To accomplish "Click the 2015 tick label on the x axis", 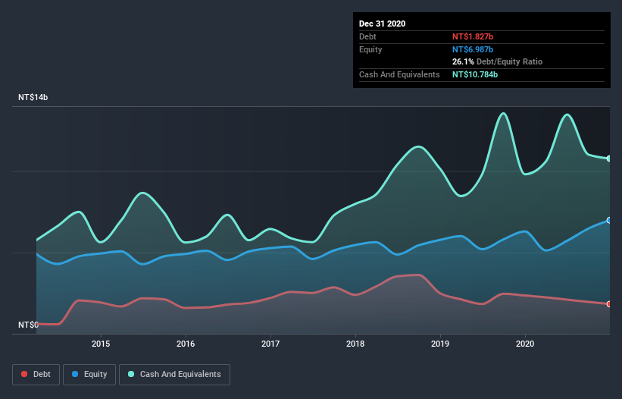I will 101,344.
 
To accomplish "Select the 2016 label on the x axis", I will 186,344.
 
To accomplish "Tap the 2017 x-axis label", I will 270,344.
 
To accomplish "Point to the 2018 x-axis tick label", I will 355,344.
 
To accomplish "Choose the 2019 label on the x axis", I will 440,344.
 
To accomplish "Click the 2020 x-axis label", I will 525,344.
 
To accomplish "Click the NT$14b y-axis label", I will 33,98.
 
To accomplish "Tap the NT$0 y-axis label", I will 28,325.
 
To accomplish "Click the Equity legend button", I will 90,374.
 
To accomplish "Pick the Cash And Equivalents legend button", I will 174,374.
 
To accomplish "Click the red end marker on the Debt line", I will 609,304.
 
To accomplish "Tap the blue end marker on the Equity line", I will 609,221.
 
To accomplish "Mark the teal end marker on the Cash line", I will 609,159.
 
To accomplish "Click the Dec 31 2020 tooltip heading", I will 383,24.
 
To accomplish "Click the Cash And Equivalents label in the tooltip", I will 399,74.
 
